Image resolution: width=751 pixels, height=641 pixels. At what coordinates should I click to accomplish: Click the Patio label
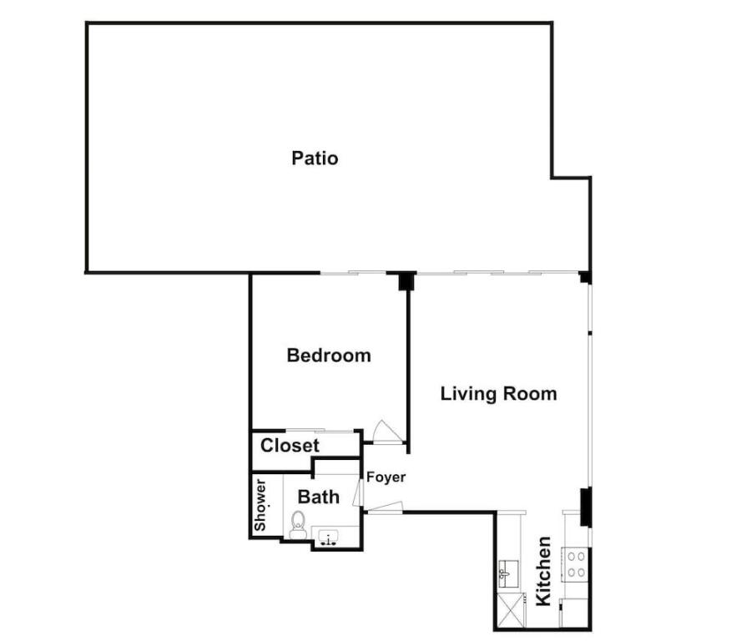pyautogui.click(x=315, y=158)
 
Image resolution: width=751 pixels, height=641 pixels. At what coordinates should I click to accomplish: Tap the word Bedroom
pyautogui.click(x=329, y=355)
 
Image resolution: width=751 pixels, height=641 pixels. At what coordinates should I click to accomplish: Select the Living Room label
pyautogui.click(x=499, y=394)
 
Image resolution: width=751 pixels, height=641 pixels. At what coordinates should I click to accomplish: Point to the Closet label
pyautogui.click(x=290, y=446)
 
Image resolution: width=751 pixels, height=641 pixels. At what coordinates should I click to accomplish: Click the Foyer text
pyautogui.click(x=386, y=477)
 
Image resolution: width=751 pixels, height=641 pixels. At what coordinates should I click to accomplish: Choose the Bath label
pyautogui.click(x=319, y=497)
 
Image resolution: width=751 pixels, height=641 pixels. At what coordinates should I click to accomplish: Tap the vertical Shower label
pyautogui.click(x=260, y=505)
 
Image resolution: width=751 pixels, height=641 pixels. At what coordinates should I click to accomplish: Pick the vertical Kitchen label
pyautogui.click(x=543, y=571)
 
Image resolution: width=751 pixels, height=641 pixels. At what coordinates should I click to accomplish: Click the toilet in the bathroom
pyautogui.click(x=298, y=525)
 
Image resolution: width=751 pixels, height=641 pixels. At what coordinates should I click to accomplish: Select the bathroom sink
pyautogui.click(x=328, y=538)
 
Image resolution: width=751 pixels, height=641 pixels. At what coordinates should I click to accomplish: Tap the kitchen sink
pyautogui.click(x=506, y=573)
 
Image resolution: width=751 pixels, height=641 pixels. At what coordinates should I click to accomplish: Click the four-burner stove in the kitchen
pyautogui.click(x=575, y=564)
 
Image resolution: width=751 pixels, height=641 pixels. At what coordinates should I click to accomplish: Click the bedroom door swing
pyautogui.click(x=386, y=432)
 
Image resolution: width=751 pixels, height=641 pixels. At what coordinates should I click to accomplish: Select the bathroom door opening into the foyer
pyautogui.click(x=357, y=492)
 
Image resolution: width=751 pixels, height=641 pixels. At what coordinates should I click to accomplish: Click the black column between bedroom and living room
pyautogui.click(x=406, y=281)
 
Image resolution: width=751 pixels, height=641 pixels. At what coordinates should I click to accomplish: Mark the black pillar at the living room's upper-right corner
pyautogui.click(x=585, y=277)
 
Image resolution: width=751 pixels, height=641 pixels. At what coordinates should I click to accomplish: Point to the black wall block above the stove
pyautogui.click(x=586, y=507)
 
